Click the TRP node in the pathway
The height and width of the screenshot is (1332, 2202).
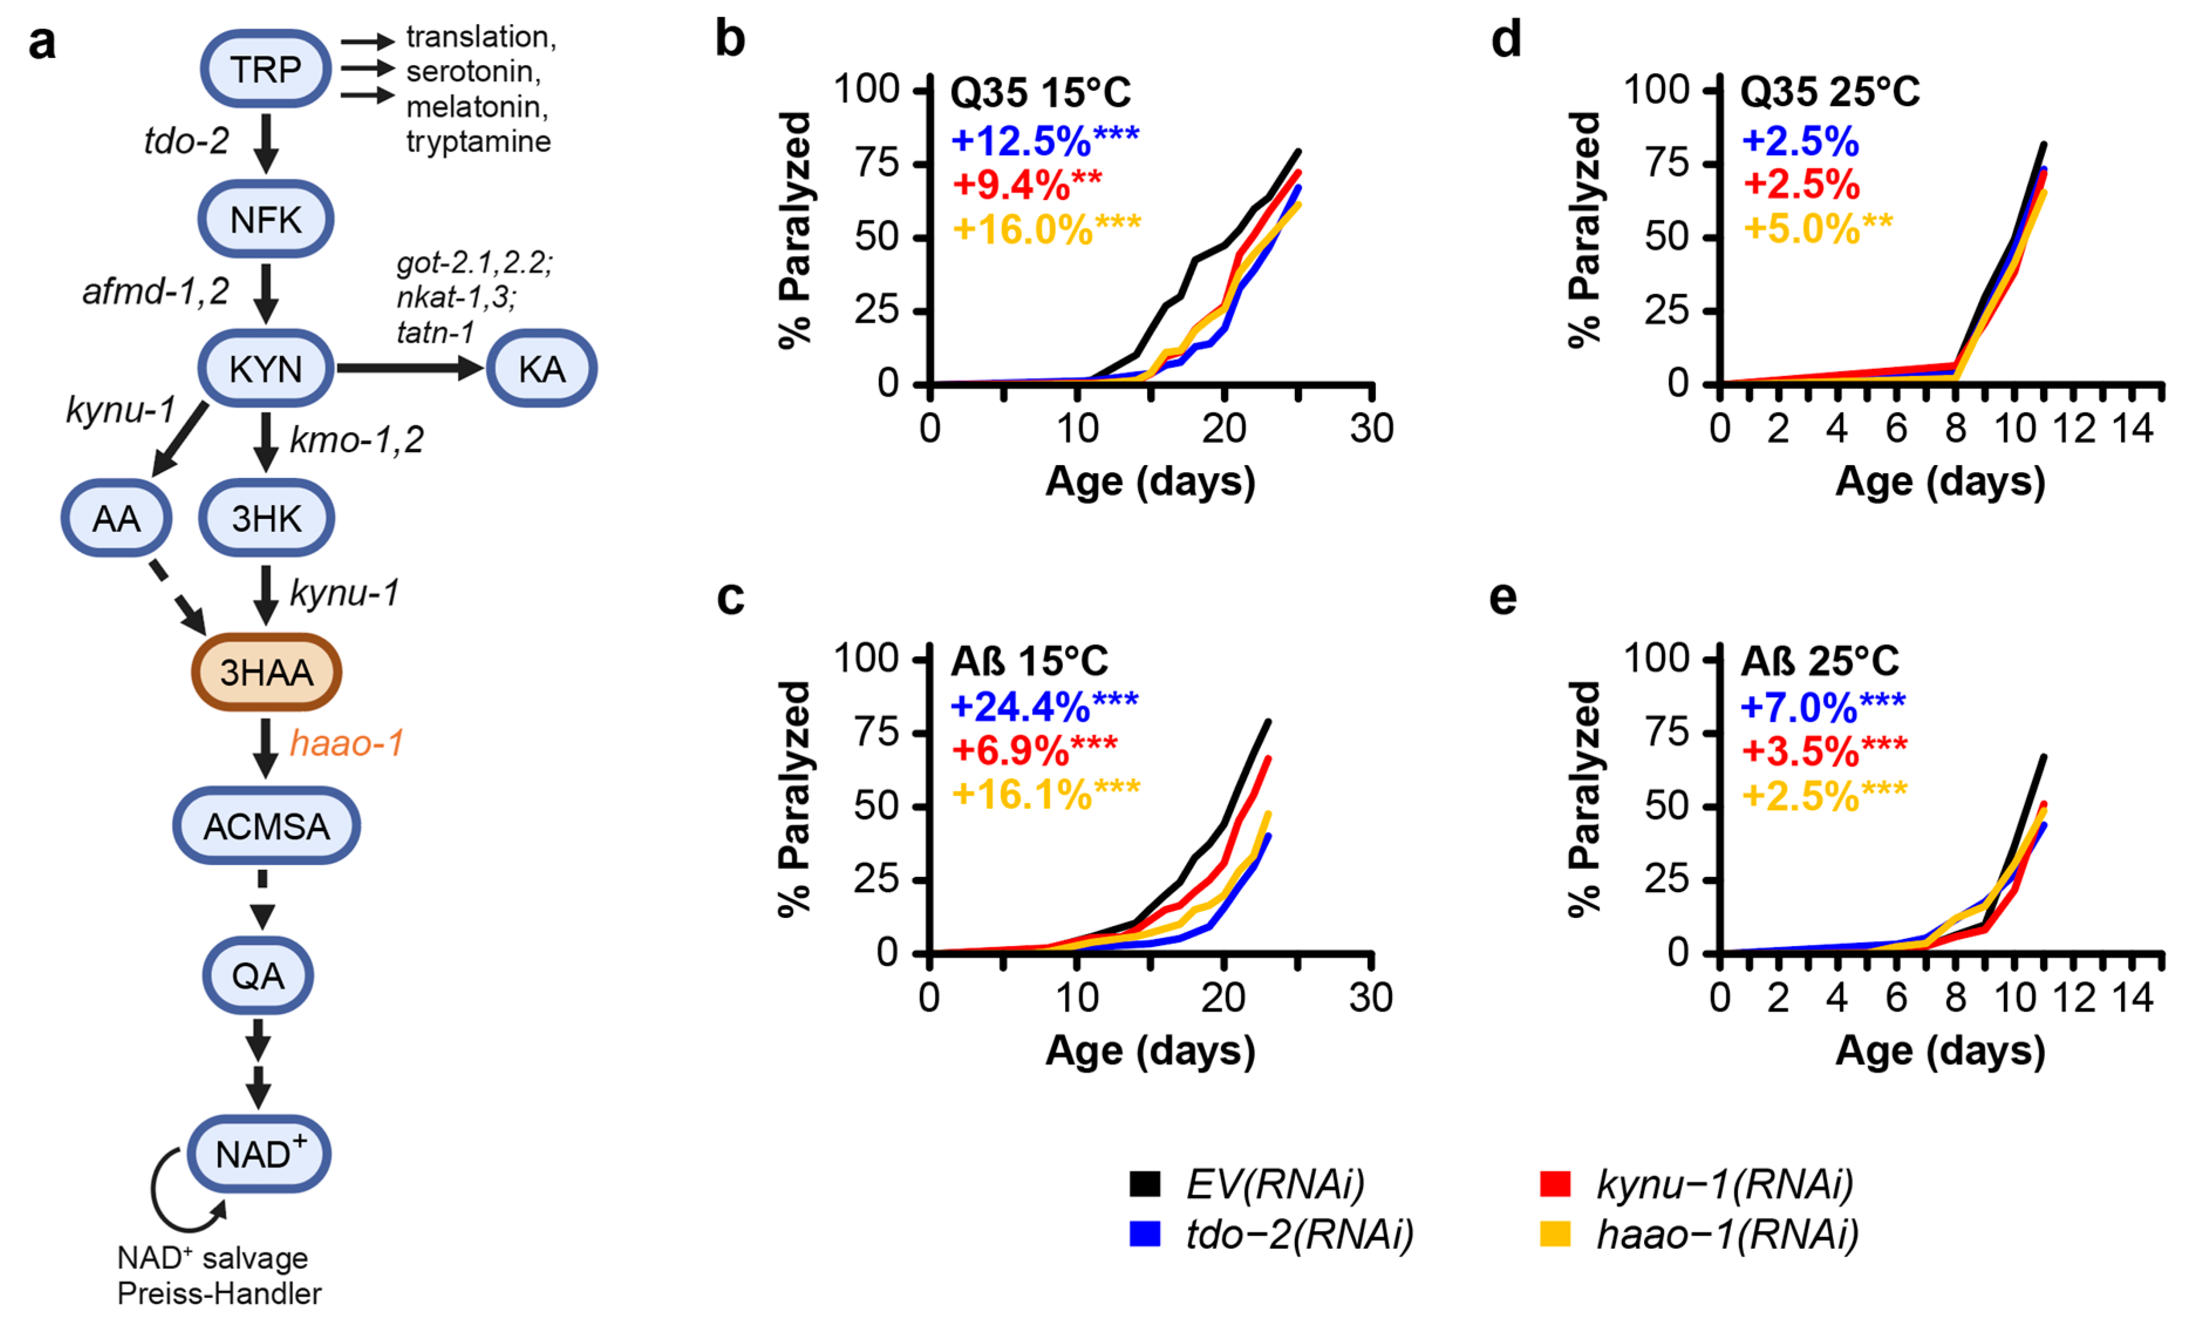tap(265, 69)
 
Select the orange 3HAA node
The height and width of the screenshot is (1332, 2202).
tap(266, 672)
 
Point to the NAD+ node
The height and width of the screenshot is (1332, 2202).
tap(259, 1153)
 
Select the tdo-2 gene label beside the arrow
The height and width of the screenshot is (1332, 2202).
tap(186, 140)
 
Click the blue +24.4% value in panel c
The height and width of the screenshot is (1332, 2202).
tap(1021, 706)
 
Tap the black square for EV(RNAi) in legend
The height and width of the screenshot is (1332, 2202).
tap(1145, 1184)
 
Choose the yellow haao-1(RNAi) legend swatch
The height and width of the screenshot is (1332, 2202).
tap(1556, 1234)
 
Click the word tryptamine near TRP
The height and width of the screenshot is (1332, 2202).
tap(478, 141)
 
